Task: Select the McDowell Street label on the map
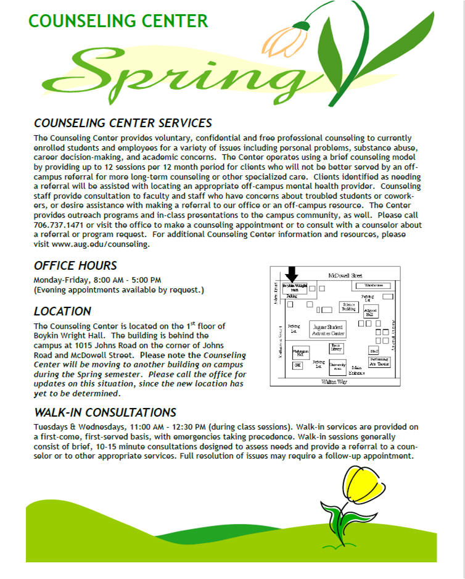pyautogui.click(x=345, y=275)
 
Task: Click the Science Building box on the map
pyautogui.click(x=349, y=307)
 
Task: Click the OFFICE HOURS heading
pyautogui.click(x=75, y=266)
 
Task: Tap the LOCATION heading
pyautogui.click(x=62, y=311)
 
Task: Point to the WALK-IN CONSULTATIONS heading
pyautogui.click(x=105, y=412)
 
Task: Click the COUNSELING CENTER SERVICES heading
pyautogui.click(x=123, y=123)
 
